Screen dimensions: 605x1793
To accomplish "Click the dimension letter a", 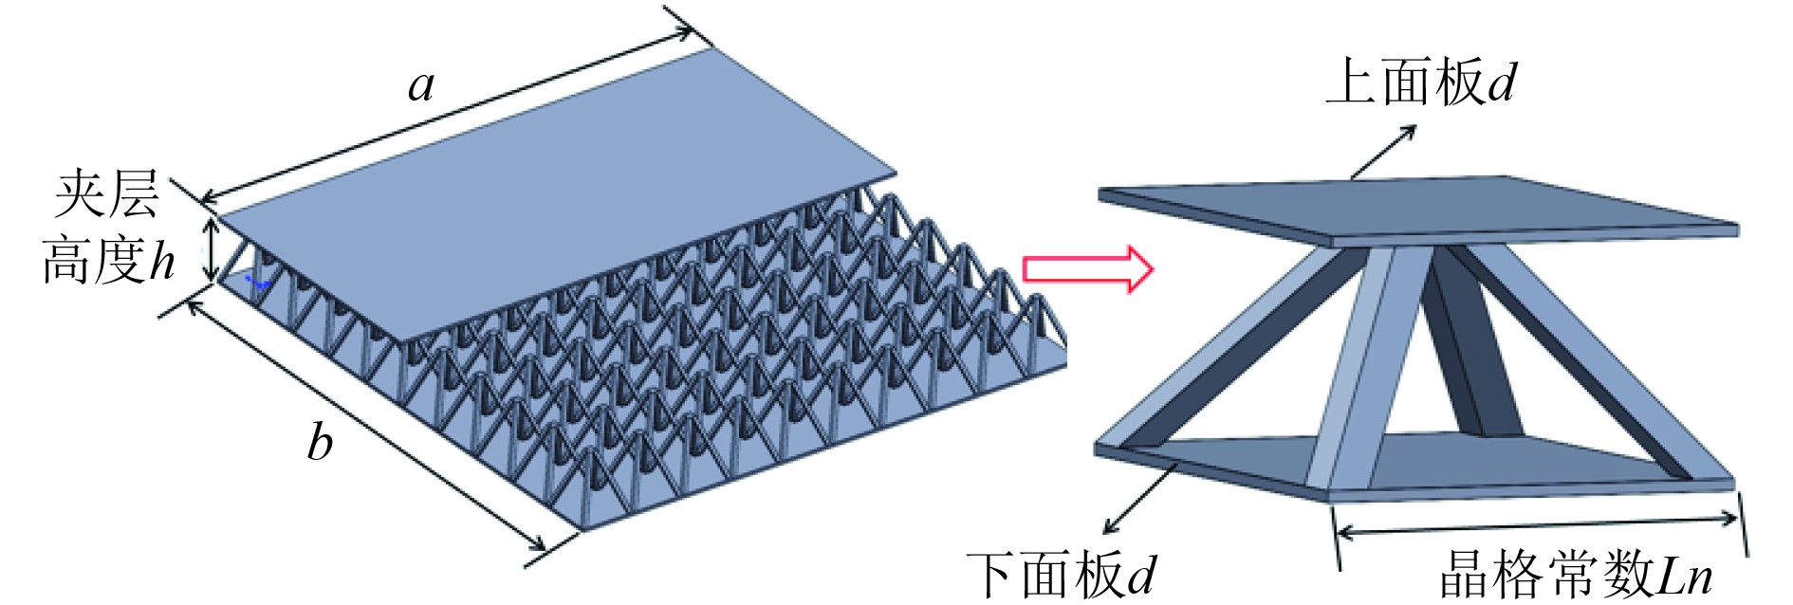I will click(x=421, y=85).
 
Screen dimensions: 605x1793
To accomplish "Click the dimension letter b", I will click(x=320, y=442).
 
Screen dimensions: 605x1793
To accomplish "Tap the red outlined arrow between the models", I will click(x=1087, y=270).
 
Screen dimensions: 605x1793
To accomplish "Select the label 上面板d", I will click(x=1420, y=82).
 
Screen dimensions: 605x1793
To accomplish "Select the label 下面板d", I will click(x=1062, y=575).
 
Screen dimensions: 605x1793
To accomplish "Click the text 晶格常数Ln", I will click(x=1576, y=574).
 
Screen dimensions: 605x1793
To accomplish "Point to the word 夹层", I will click(x=106, y=194).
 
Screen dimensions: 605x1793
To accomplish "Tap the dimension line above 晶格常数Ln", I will click(x=1537, y=524).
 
